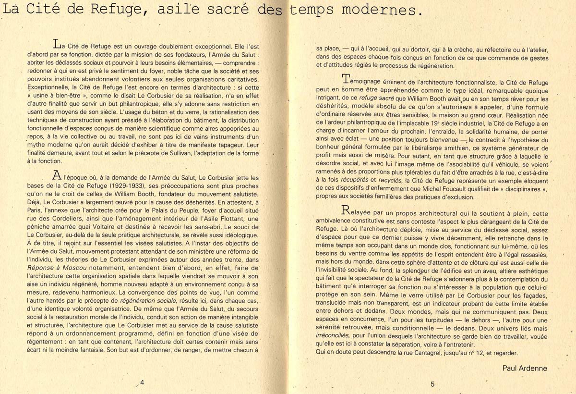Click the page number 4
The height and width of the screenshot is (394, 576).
tap(142, 382)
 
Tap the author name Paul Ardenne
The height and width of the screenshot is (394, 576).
tap(525, 369)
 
